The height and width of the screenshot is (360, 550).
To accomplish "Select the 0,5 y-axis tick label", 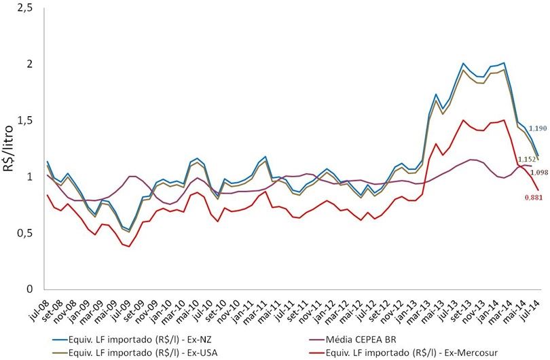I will pos(26,233).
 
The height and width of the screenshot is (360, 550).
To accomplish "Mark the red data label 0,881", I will pos(524,198).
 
